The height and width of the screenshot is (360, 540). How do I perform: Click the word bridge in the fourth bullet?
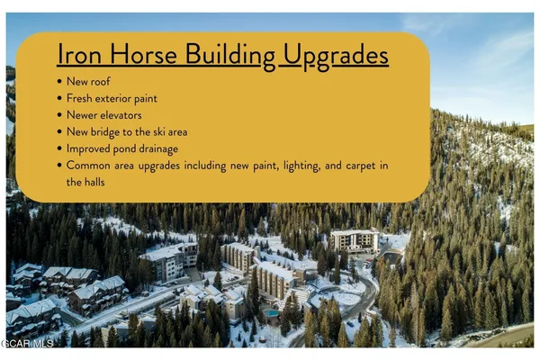(112, 131)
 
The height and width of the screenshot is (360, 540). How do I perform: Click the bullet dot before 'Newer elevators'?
(58, 115)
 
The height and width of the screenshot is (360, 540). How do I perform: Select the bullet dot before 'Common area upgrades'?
(58, 165)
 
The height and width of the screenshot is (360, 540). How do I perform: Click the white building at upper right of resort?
(355, 240)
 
